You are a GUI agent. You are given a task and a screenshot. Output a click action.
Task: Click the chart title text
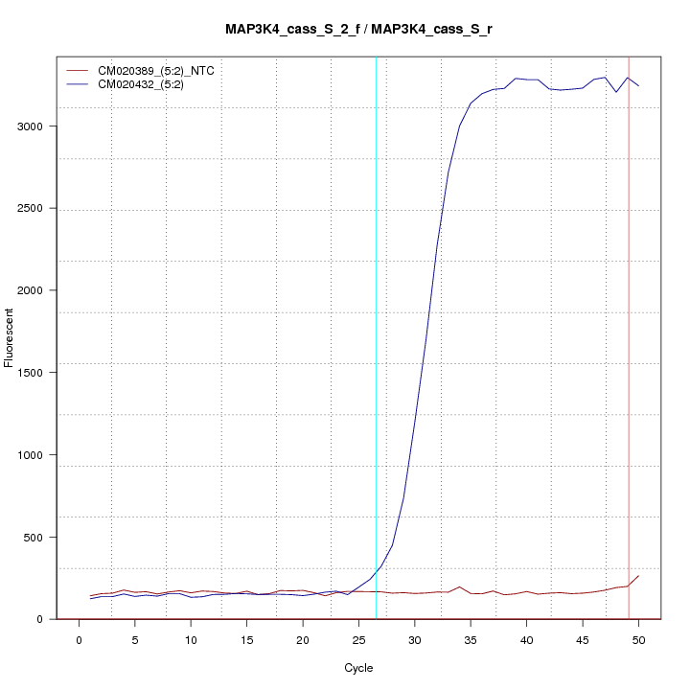pyautogui.click(x=358, y=29)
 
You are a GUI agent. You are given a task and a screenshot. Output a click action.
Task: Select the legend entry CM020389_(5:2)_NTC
pyautogui.click(x=163, y=70)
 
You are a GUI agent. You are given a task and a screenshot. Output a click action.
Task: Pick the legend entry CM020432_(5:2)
pyautogui.click(x=148, y=84)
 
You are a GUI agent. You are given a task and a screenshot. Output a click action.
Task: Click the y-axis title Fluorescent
pyautogui.click(x=11, y=337)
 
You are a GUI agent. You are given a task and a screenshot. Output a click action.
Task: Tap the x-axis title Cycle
pyautogui.click(x=357, y=668)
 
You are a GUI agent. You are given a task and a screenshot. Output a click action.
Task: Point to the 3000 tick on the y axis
pyautogui.click(x=34, y=126)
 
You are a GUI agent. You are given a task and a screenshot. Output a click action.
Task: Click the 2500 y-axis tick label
pyautogui.click(x=34, y=209)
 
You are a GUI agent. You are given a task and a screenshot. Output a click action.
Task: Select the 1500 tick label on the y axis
pyautogui.click(x=34, y=373)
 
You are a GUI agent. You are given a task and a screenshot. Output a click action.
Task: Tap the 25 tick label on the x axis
pyautogui.click(x=358, y=639)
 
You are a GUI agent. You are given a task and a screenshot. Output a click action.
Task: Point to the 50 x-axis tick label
pyautogui.click(x=638, y=639)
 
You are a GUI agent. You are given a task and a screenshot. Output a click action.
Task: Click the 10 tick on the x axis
pyautogui.click(x=191, y=639)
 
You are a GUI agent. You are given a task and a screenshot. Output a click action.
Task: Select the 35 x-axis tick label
pyautogui.click(x=471, y=639)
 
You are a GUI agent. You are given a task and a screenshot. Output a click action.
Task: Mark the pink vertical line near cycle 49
pyautogui.click(x=629, y=383)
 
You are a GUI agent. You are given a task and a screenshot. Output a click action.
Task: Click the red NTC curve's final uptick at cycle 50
pyautogui.click(x=638, y=576)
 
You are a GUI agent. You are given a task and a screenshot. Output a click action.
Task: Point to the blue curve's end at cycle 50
pyautogui.click(x=638, y=86)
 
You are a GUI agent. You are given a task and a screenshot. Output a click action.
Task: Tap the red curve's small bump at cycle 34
pyautogui.click(x=460, y=586)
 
